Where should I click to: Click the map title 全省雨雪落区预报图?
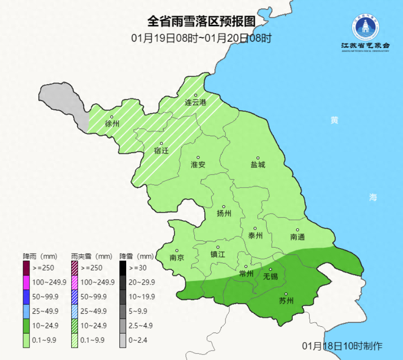pos(201,22)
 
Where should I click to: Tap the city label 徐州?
pos(112,124)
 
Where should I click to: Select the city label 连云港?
pos(196,103)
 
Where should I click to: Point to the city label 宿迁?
pos(161,151)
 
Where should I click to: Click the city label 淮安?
pos(198,165)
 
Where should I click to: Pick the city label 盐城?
pos(258,165)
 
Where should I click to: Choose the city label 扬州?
pos(224,214)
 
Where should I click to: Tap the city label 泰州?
pos(255,236)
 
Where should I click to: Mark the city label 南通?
pos(298,237)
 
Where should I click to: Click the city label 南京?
pos(177,257)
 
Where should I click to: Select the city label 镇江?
pos(218,255)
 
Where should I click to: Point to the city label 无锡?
pos(270,277)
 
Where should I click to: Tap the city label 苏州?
pos(286,301)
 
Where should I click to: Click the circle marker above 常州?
pos(245,266)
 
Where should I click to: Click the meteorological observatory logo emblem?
pos(365,28)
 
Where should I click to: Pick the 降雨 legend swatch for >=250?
pos(26,268)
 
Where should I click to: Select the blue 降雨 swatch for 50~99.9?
pos(26,297)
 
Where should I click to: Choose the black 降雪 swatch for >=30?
pos(123,268)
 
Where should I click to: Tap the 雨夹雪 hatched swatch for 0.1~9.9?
pos(74,340)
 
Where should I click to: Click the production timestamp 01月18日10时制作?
pos(342,346)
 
